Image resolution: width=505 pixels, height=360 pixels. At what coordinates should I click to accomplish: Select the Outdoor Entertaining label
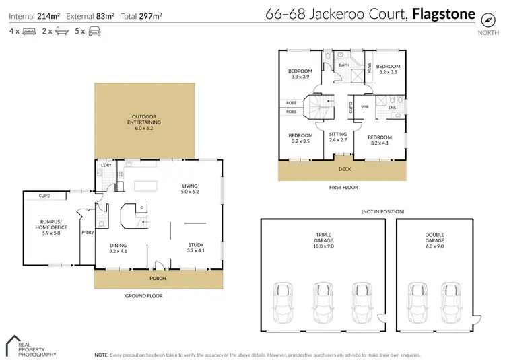point(142,121)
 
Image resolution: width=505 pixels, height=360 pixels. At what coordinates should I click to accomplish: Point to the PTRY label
point(86,232)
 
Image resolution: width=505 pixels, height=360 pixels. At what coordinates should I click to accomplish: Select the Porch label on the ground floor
point(158,278)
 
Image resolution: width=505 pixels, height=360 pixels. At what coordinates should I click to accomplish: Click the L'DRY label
point(105,166)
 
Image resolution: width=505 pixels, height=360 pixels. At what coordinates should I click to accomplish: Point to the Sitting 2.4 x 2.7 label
point(338,137)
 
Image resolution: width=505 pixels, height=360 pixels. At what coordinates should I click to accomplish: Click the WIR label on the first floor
point(364,106)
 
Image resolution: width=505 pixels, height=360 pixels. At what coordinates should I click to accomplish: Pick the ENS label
point(391,106)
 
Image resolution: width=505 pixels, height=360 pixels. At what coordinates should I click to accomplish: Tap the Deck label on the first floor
point(345,170)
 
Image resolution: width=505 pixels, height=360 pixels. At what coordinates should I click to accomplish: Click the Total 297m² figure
point(141,15)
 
